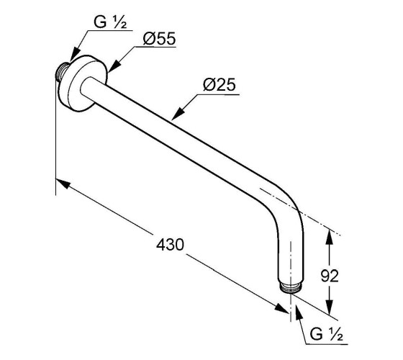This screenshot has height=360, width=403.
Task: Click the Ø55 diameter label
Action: [159, 39]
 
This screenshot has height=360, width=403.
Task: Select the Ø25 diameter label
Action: [219, 84]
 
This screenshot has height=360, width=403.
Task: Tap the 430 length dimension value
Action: [170, 245]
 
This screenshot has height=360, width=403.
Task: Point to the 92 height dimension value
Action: [330, 276]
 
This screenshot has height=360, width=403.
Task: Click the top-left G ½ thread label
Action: [110, 22]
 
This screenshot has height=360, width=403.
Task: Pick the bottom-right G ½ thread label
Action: [327, 334]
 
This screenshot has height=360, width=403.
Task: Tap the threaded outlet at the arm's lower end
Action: [291, 288]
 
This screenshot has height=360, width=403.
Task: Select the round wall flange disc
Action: [82, 84]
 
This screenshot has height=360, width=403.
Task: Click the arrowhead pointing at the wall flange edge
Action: [113, 66]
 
